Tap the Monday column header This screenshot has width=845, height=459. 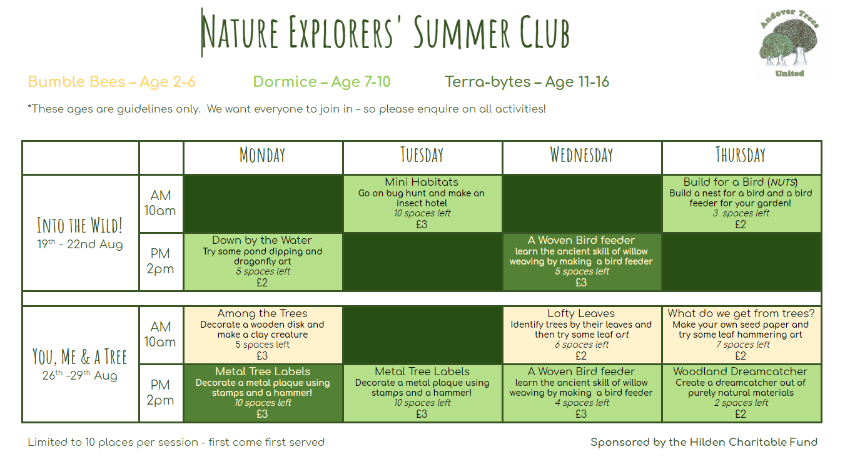263,155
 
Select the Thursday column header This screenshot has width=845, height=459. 741,155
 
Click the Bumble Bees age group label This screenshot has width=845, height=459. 111,82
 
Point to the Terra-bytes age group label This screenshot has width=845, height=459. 527,82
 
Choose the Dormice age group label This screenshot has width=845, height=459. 321,82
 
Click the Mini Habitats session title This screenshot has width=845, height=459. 422,183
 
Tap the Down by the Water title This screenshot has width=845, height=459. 262,240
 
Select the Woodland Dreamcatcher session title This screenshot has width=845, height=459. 741,371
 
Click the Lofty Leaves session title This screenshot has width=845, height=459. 581,313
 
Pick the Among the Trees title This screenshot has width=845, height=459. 262,313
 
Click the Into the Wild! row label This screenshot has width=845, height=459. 79,224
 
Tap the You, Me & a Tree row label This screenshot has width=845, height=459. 79,356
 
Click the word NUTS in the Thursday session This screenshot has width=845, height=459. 782,183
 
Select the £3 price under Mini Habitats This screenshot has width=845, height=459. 422,224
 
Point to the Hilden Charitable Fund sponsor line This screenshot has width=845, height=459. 704,442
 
